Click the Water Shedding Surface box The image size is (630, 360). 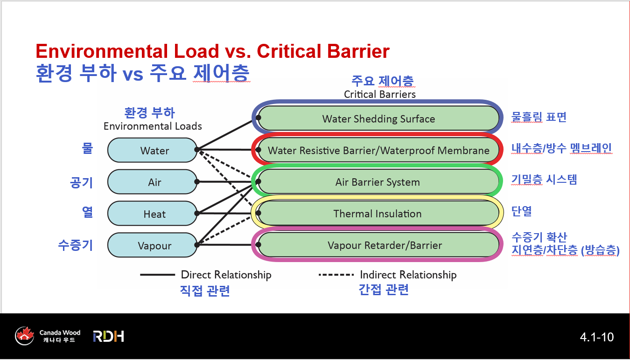point(378,118)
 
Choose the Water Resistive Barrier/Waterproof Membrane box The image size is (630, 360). point(378,150)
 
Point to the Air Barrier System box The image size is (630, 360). point(378,182)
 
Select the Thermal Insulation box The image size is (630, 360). point(378,214)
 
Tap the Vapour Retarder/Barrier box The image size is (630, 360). point(378,245)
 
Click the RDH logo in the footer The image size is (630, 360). point(108,336)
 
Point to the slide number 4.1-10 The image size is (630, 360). point(596,337)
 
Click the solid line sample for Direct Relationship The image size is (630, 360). point(157,275)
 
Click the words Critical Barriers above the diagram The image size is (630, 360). point(379,94)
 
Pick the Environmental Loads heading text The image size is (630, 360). point(153,126)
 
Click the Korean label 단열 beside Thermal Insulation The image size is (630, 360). point(521,211)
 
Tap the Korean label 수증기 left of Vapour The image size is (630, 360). point(76,245)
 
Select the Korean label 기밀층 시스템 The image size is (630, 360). point(544,180)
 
